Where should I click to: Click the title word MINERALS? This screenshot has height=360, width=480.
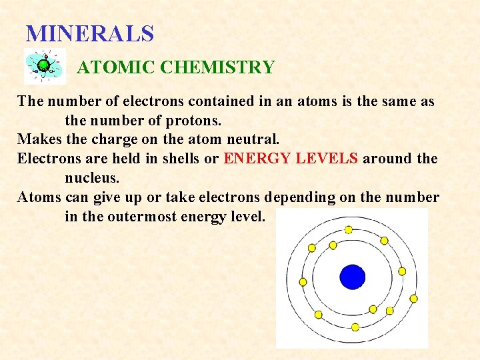point(89,33)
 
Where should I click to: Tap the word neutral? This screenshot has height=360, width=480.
point(255,140)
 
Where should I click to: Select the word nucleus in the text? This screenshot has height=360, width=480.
point(91,178)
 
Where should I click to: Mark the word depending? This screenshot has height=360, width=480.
point(305,197)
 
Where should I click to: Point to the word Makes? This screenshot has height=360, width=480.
point(39,140)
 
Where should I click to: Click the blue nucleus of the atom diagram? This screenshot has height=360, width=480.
point(352,277)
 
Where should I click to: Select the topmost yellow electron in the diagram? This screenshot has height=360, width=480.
point(348,229)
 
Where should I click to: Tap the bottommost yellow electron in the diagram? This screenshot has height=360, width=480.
point(355,327)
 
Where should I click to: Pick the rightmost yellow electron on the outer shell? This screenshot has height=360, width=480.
point(413,299)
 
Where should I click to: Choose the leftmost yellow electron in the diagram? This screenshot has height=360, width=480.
point(303,281)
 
